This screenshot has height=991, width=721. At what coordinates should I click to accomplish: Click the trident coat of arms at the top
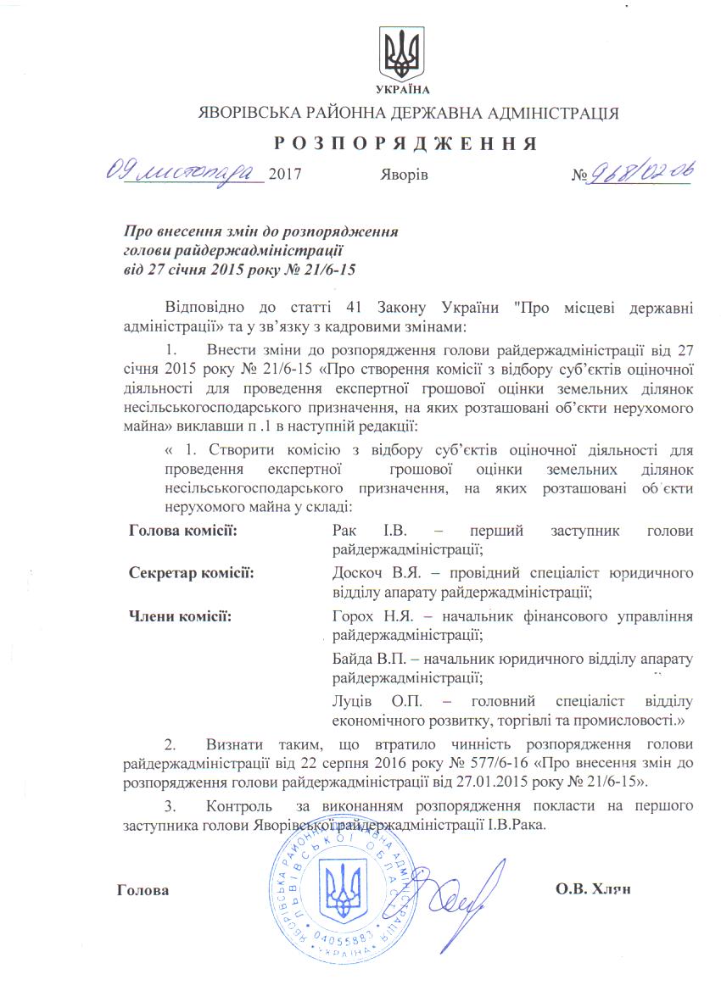click(x=401, y=53)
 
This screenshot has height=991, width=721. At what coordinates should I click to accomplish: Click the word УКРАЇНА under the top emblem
click(x=401, y=89)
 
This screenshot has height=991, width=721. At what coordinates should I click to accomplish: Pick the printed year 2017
click(x=284, y=175)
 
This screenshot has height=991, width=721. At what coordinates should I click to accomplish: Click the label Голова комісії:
click(x=182, y=531)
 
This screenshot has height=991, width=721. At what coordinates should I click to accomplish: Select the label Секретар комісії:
click(x=192, y=573)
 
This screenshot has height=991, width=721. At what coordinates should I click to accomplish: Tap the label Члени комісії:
click(x=180, y=615)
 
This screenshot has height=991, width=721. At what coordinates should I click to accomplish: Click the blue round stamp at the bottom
click(x=347, y=895)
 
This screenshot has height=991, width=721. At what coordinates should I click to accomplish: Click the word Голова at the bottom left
click(x=143, y=891)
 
